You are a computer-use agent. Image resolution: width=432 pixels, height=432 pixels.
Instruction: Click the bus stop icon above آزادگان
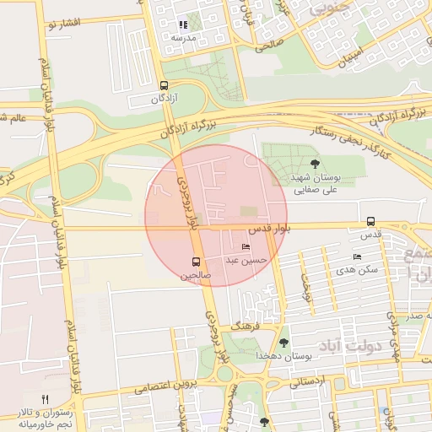coord(163,85)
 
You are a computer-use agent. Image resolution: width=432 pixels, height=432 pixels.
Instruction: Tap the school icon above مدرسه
coord(183,25)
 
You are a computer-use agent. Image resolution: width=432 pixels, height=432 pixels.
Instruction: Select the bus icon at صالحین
coord(196,262)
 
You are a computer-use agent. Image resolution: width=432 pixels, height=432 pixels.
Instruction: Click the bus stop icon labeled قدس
coord(370,221)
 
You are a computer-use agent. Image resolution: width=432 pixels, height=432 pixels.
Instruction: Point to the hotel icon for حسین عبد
coord(246,246)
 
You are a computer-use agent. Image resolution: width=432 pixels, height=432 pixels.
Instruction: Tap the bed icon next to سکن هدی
coord(357,256)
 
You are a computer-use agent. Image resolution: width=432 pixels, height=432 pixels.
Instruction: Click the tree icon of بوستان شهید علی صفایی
coord(315,165)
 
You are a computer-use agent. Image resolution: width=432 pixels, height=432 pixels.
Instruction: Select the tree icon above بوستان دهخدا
coord(283,343)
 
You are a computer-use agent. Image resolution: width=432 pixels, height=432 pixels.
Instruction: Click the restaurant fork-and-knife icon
coord(46,399)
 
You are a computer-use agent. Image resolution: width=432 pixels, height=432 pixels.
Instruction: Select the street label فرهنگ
coord(249,323)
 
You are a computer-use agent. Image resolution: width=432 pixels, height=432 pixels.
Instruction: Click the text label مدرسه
coord(183,38)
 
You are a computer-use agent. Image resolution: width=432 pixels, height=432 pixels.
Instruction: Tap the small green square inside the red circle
coord(248,211)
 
